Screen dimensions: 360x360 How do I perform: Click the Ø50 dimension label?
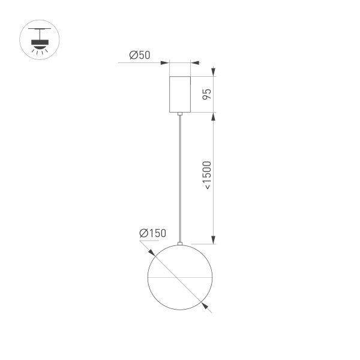pos(140,56)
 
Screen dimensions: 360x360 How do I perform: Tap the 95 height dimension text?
pos(206,94)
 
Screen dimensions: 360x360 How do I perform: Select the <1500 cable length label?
pos(206,176)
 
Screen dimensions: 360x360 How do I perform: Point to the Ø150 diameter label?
pos(152,233)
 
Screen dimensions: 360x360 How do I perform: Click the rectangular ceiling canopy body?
pos(180,94)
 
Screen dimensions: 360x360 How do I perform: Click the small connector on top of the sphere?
pos(180,243)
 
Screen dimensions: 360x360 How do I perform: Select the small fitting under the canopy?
pos(180,113)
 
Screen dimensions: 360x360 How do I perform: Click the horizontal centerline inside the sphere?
pos(180,278)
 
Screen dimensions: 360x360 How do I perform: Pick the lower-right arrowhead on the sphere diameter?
pos(206,306)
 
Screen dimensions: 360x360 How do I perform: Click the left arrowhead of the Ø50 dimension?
pos(166,62)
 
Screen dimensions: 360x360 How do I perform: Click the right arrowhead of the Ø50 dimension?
pos(194,62)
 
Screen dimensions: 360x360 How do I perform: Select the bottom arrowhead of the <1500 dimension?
pos(214,241)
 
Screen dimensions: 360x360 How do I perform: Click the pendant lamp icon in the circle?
pos(40,40)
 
